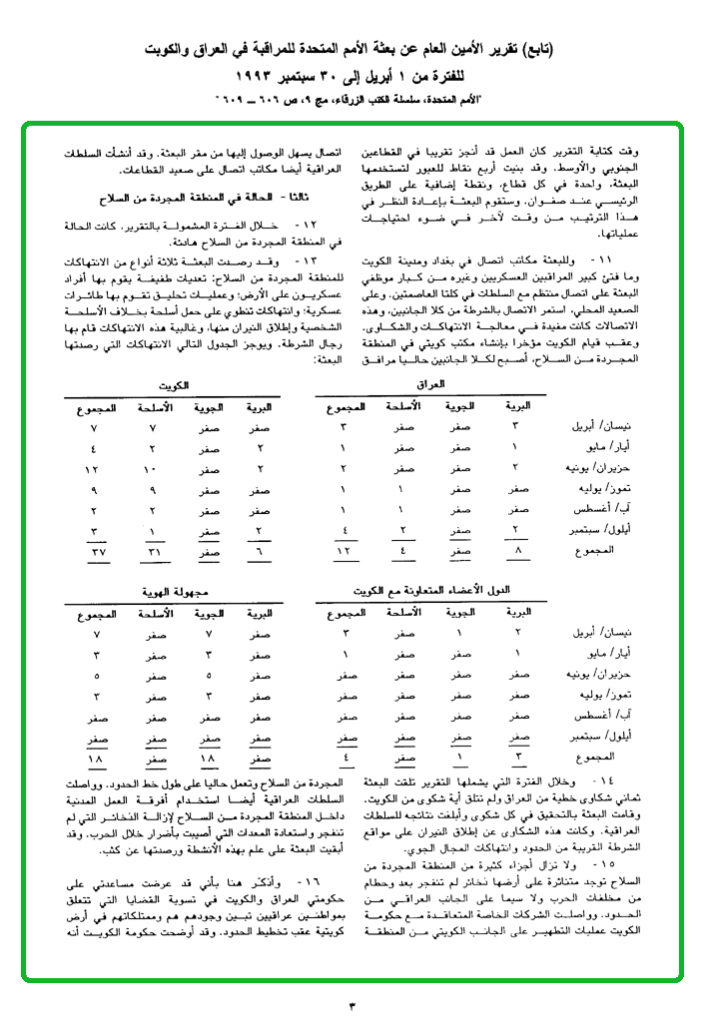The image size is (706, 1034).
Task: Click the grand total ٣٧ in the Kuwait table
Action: tap(95, 552)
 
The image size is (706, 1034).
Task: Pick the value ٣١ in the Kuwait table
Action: tap(152, 552)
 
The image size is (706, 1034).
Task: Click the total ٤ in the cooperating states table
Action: tap(344, 758)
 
